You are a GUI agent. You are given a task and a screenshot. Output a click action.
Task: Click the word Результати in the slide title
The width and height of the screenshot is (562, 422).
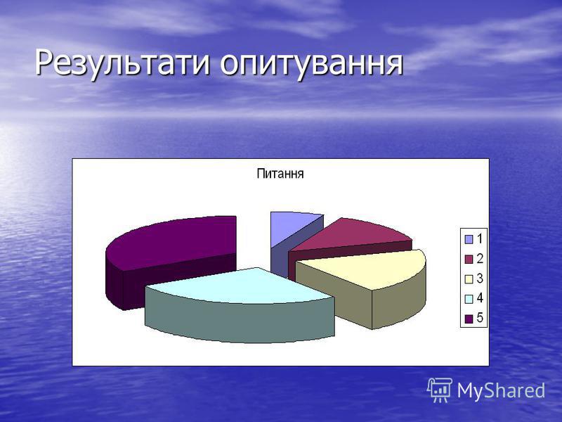[122, 64]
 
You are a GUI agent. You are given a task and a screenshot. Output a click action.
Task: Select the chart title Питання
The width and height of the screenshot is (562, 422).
[280, 174]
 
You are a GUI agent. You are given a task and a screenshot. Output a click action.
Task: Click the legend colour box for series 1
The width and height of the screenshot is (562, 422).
[469, 239]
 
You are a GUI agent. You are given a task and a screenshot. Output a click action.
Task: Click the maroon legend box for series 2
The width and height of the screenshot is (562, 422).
[469, 259]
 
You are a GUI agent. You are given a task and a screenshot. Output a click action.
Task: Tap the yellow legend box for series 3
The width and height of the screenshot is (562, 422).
[469, 279]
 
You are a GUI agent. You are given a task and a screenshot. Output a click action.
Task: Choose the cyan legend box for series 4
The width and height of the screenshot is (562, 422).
[469, 299]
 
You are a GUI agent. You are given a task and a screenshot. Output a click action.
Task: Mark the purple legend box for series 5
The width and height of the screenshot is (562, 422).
[469, 319]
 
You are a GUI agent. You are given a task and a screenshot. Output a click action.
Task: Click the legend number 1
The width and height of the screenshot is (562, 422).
[480, 239]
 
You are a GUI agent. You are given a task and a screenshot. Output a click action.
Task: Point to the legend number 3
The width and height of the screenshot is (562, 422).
[480, 279]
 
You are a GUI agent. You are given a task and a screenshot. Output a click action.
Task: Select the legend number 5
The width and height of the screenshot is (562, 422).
[480, 319]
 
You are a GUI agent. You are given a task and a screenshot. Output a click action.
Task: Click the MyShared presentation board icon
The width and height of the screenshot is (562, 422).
[440, 390]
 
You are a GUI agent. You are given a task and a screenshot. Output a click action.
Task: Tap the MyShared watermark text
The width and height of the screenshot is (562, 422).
[501, 390]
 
